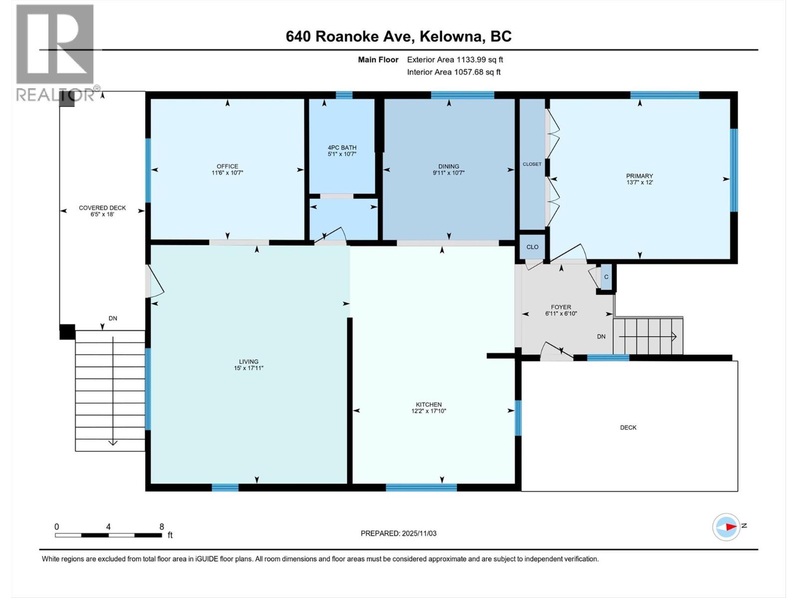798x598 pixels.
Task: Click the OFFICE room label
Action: coord(227,166)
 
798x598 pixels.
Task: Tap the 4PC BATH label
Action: coord(342,148)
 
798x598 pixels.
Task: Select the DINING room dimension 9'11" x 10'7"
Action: coord(449,173)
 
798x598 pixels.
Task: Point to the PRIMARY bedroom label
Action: coord(639,176)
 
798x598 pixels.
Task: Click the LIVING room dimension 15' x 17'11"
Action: coord(248,368)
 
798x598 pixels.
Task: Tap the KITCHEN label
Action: coord(429,405)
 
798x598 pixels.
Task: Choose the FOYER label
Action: coord(561,307)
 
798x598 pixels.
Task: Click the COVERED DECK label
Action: coord(102,208)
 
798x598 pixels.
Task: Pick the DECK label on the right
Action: coord(628,428)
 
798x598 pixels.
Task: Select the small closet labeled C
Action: coord(606,277)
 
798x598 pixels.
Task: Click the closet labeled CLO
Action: coord(532,247)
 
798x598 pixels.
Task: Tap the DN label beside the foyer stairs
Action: coord(601,336)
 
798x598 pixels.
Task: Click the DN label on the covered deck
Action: coord(113,318)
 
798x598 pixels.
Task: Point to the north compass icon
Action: coord(726,527)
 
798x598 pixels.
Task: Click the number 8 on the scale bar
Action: coord(162,527)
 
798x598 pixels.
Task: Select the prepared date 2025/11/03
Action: coord(399,533)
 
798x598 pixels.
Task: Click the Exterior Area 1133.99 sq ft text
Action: coord(455,59)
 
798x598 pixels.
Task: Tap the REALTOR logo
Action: coord(55,52)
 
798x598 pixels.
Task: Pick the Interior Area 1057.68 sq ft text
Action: coord(453,72)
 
